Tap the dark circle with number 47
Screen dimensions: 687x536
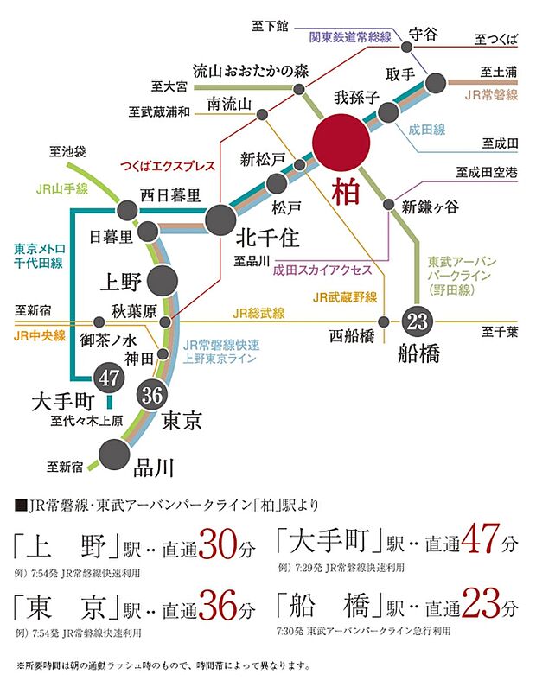(x=110, y=377)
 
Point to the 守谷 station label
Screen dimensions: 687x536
(x=423, y=33)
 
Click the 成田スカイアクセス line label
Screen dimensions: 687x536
(x=322, y=269)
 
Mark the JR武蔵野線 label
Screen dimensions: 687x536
(x=346, y=297)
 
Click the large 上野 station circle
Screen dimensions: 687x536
(x=163, y=280)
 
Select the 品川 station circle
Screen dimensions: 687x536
(x=113, y=453)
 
